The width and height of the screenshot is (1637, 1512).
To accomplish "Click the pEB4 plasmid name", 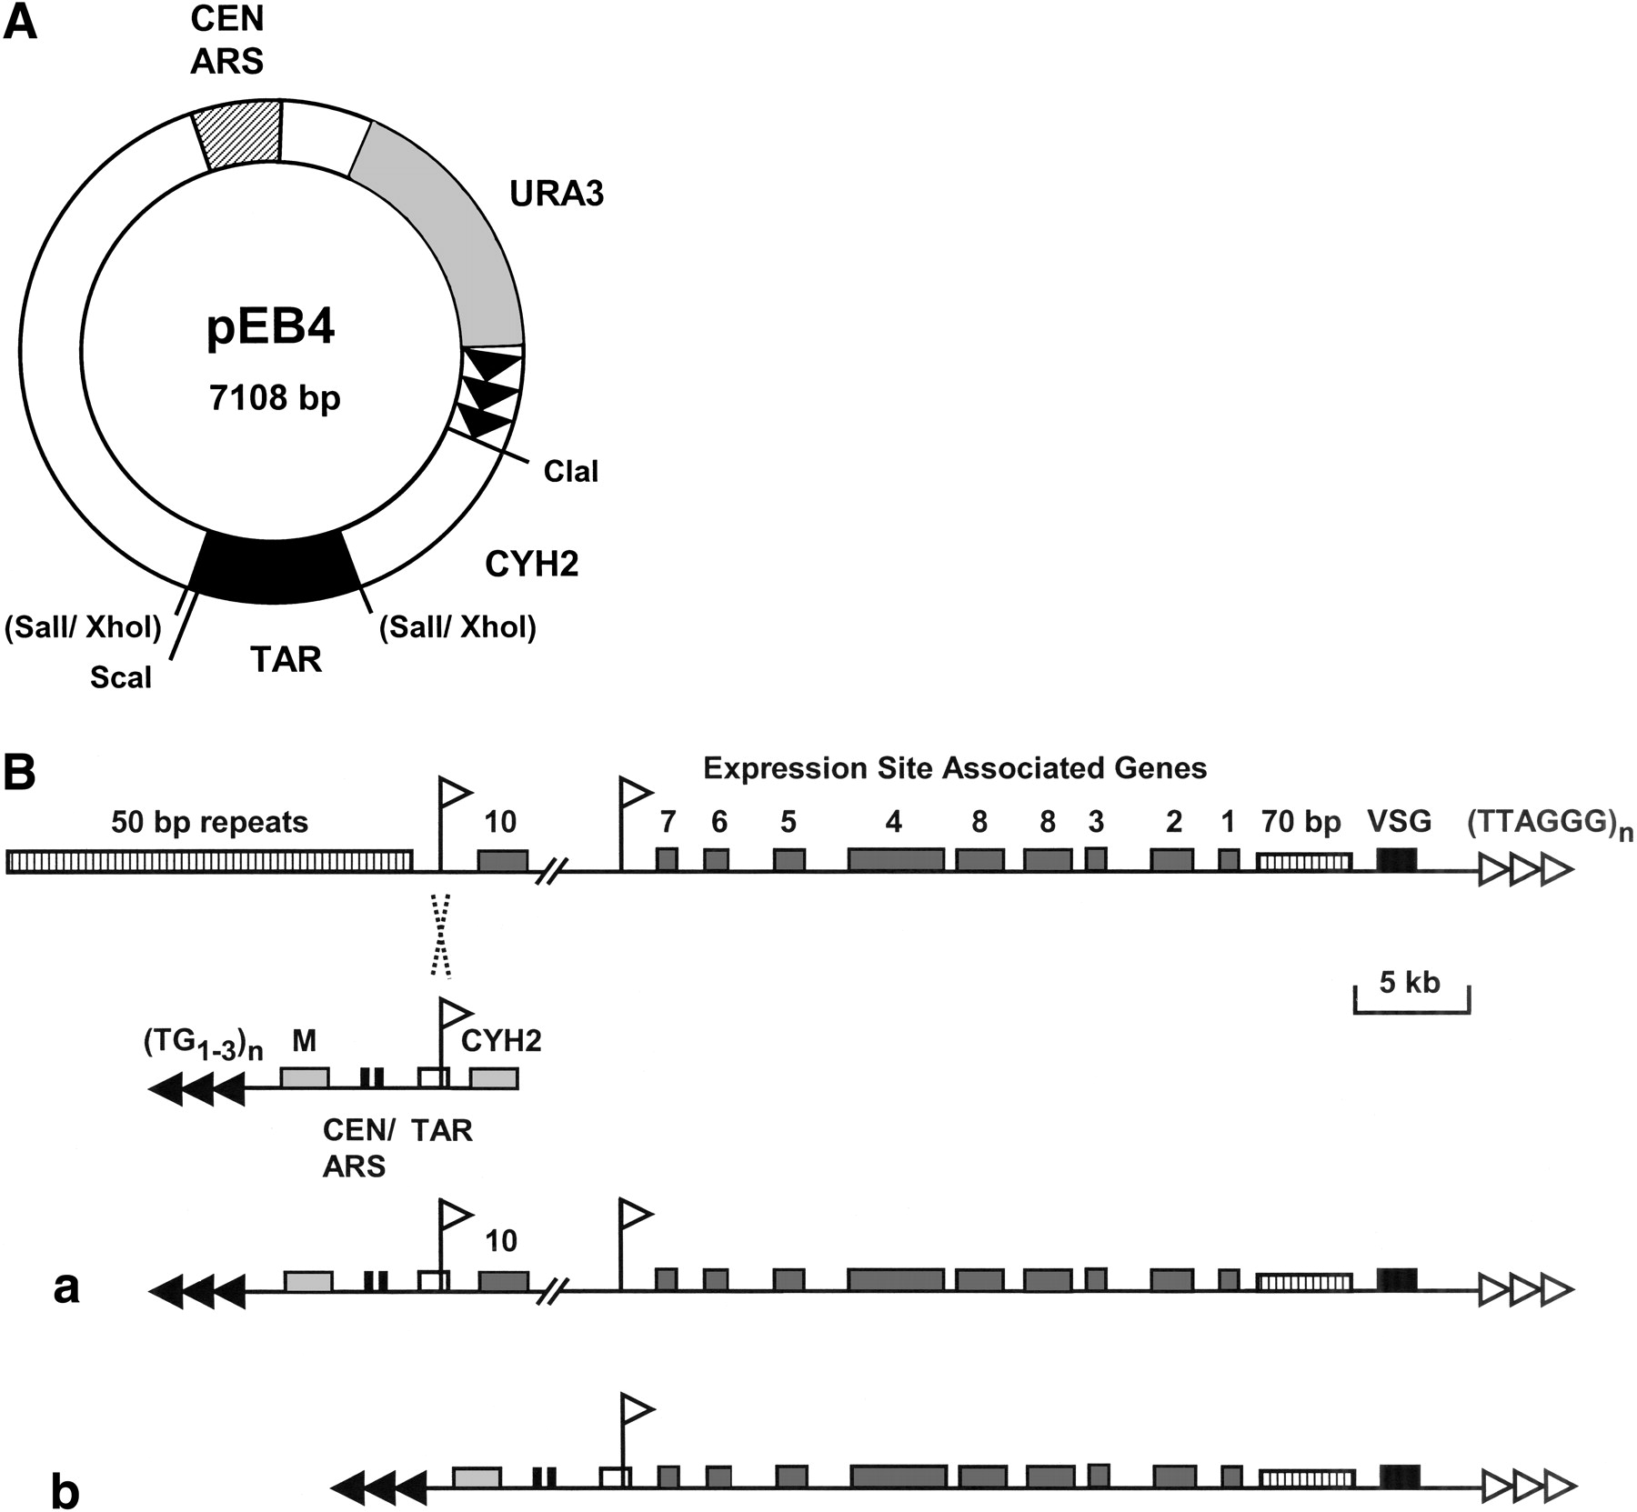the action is (271, 328).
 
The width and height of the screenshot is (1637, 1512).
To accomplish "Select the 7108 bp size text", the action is (275, 398).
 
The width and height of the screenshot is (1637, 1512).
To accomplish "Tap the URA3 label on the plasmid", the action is (557, 194).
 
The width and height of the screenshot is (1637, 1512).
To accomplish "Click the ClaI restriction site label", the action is (571, 471).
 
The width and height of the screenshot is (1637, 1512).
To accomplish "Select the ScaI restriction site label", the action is (121, 677).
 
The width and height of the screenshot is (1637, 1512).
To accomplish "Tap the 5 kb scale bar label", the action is (1410, 982).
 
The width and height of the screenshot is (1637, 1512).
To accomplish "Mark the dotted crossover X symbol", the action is (440, 934).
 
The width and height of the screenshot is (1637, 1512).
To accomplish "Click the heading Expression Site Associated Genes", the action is (955, 768).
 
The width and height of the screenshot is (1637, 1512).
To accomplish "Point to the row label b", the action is (65, 1493).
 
